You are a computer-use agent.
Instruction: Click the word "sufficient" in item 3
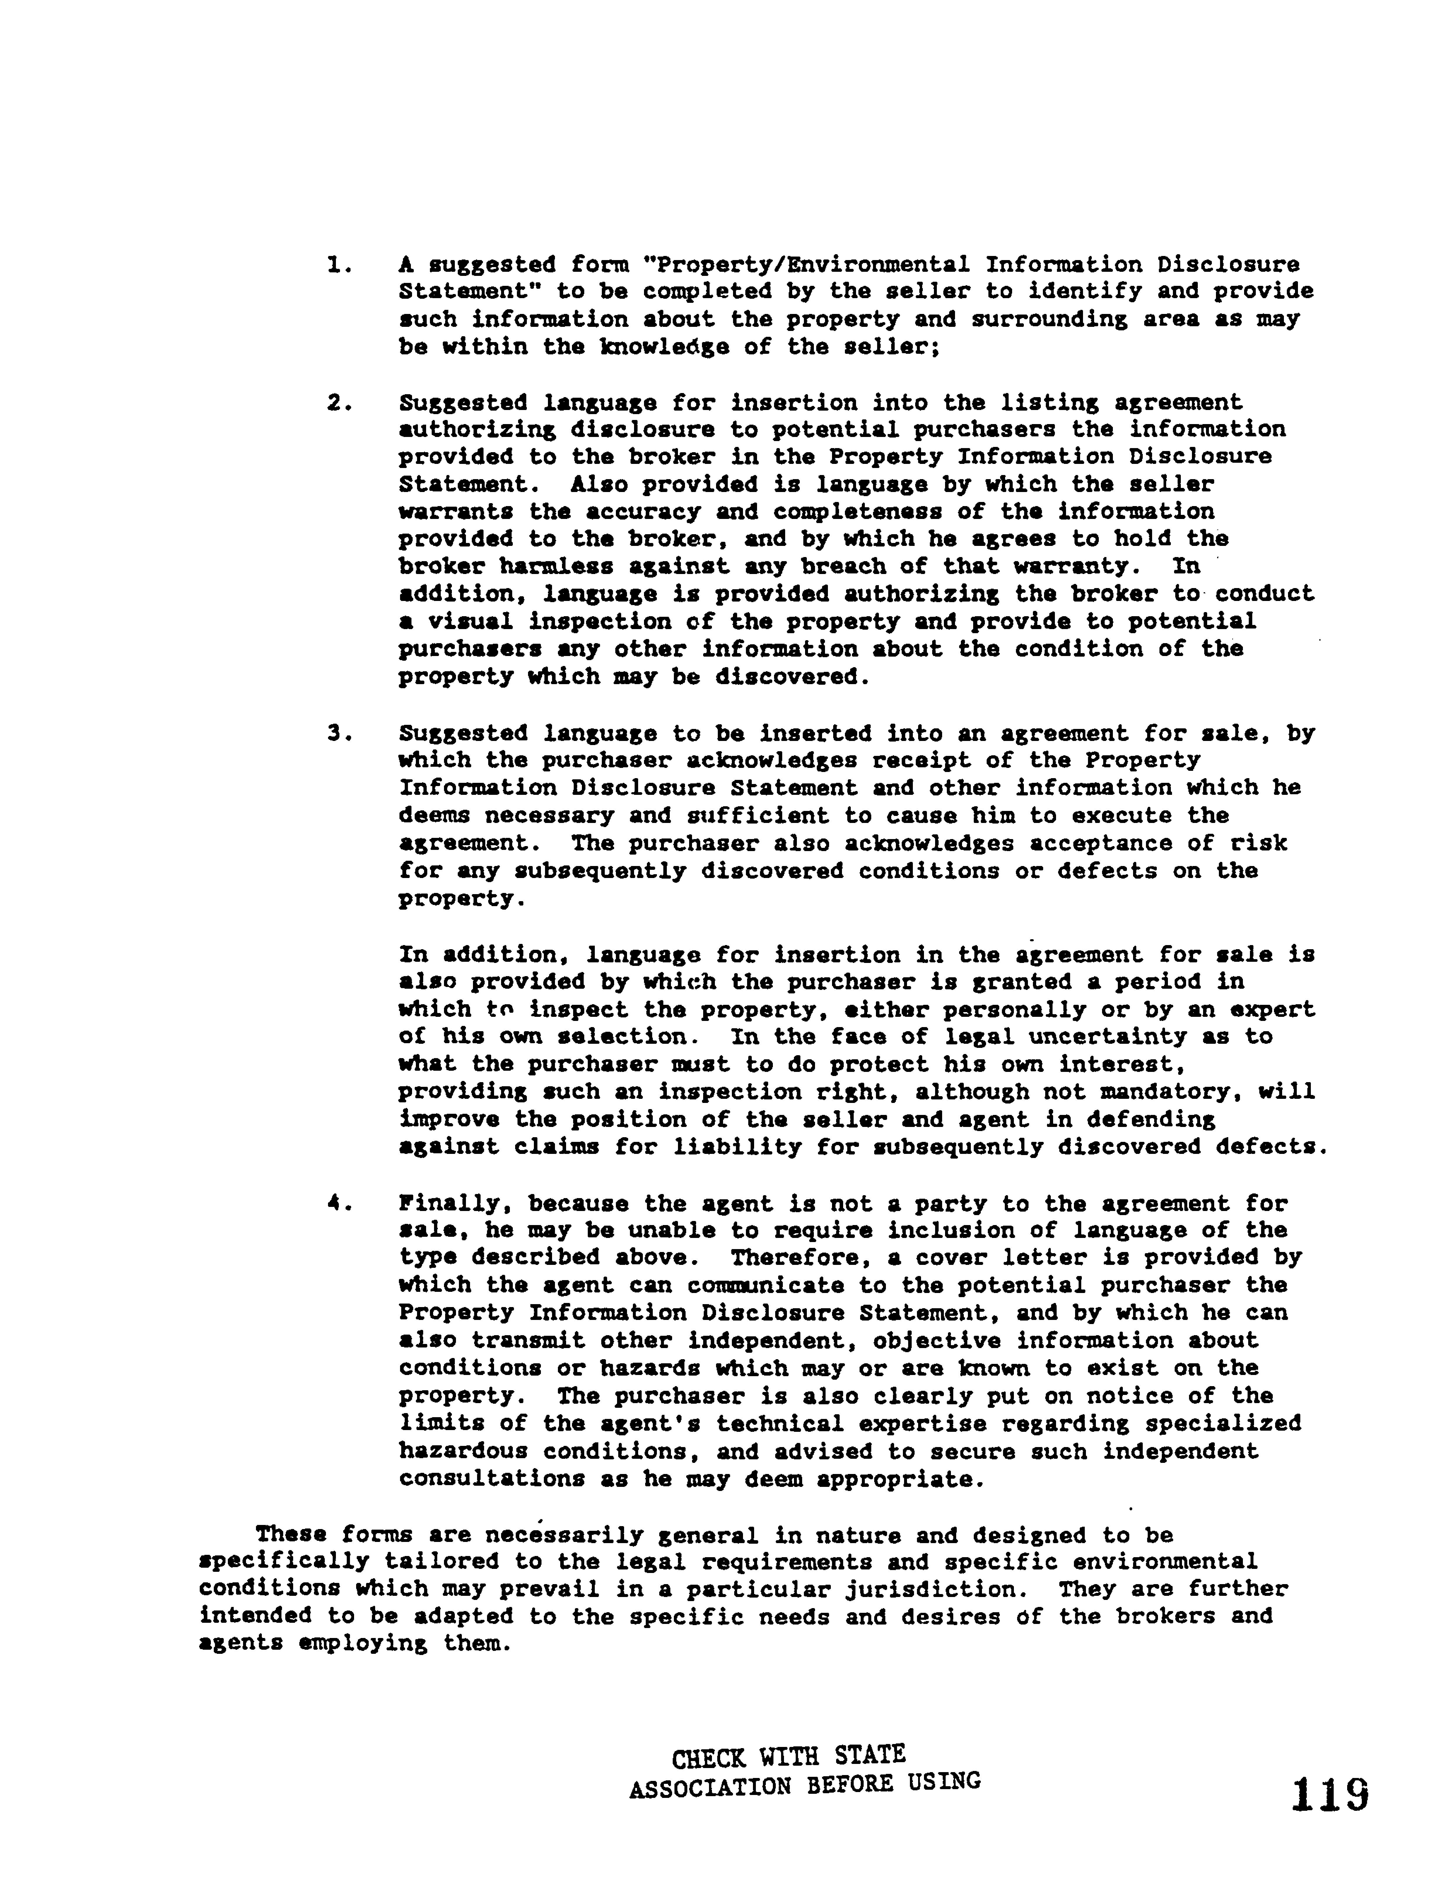coord(758,816)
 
